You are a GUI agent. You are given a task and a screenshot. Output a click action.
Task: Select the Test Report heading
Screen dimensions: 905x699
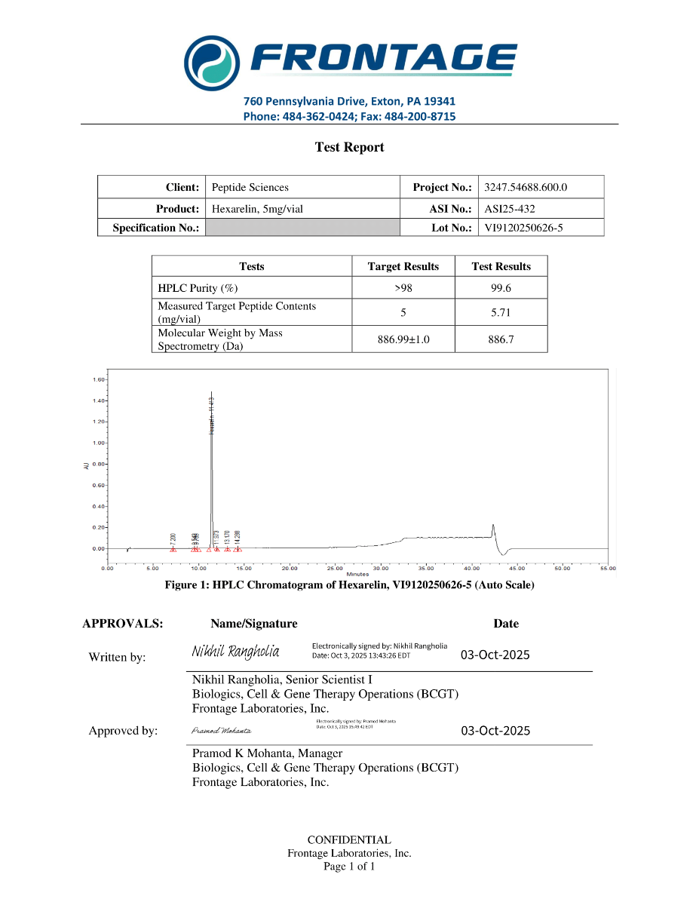pos(349,147)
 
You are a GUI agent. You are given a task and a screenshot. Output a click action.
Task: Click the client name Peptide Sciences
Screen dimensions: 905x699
pos(250,187)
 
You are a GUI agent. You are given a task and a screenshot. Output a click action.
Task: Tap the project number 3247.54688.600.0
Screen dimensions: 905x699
pos(526,187)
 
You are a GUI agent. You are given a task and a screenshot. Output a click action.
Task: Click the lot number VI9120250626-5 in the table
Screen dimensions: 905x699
pos(523,228)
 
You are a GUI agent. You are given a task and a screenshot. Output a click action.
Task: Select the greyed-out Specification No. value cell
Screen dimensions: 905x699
pos(302,228)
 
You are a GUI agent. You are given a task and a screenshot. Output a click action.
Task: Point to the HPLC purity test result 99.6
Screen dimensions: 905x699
pos(501,288)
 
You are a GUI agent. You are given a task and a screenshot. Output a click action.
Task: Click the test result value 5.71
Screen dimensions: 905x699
pos(501,312)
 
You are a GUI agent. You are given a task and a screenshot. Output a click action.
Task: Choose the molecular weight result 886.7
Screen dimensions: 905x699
pos(501,339)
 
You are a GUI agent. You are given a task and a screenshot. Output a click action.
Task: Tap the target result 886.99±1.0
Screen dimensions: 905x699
pos(403,339)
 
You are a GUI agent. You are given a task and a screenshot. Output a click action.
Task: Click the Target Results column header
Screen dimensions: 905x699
pos(403,266)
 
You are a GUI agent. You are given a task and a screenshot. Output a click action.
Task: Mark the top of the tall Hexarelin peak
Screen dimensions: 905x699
pos(211,393)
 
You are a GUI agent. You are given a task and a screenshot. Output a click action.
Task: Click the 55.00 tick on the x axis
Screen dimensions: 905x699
pos(607,569)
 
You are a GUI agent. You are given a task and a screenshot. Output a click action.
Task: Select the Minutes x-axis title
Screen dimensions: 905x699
pos(357,575)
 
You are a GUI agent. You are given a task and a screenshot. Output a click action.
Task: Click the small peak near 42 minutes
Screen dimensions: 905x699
pos(493,526)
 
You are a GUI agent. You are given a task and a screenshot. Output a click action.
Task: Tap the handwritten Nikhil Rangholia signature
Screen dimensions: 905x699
pos(235,652)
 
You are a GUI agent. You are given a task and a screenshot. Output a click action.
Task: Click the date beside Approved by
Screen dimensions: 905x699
pos(495,731)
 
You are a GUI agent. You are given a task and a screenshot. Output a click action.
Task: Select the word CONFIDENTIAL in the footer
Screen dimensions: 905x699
pos(349,839)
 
